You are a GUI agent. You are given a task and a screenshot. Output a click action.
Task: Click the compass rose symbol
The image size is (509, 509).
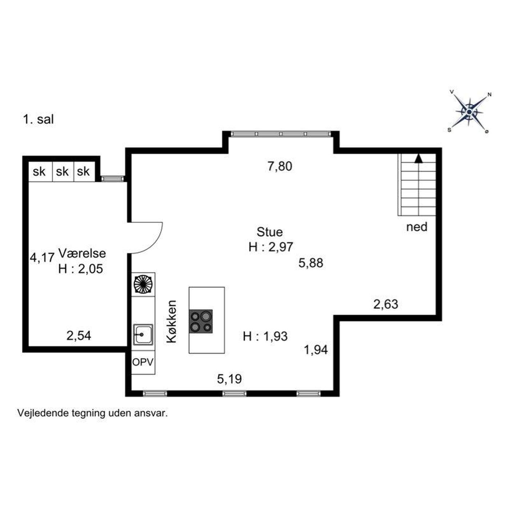tap(469, 112)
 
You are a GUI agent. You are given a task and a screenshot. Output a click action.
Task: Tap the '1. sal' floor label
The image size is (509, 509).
tap(39, 120)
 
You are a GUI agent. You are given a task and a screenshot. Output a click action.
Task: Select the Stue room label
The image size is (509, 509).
tap(270, 232)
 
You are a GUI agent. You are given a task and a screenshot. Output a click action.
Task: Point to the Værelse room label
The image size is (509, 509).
tap(82, 253)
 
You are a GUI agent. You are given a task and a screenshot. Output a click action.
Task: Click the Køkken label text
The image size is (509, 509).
tap(172, 321)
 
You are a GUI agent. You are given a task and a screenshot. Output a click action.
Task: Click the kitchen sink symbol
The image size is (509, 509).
tap(143, 334)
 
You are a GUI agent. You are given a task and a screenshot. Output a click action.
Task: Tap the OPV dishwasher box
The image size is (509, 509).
tap(143, 362)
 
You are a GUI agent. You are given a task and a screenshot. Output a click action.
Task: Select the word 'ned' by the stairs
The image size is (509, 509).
tap(417, 227)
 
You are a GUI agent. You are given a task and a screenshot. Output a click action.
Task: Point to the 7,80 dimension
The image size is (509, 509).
tap(280, 167)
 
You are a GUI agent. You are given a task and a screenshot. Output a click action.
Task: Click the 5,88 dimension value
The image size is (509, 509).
tap(311, 263)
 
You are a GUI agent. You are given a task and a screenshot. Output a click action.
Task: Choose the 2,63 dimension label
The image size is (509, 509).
tap(386, 304)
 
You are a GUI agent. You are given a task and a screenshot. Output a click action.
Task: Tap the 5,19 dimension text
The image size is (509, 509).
tap(229, 379)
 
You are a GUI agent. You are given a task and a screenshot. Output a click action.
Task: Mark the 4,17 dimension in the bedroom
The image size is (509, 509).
tap(42, 257)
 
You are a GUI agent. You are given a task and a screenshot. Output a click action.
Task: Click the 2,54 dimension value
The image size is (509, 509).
tap(79, 336)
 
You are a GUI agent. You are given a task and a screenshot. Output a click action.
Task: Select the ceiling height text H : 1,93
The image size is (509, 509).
tap(265, 337)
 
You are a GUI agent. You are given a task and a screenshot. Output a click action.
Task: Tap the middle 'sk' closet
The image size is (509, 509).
tap(62, 172)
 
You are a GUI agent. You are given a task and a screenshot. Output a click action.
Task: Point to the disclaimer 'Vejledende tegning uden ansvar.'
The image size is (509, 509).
tap(93, 413)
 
